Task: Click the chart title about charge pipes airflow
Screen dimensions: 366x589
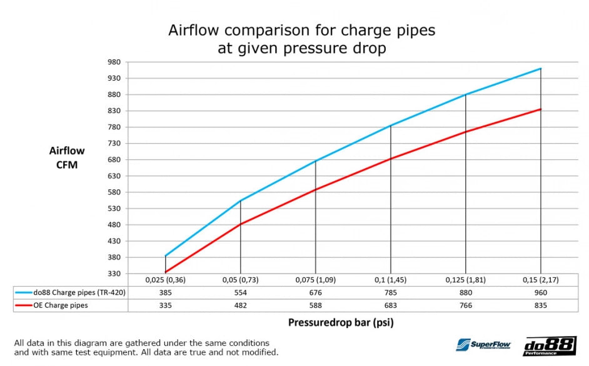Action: [x=301, y=39]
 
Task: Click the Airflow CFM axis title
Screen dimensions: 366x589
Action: [x=67, y=158]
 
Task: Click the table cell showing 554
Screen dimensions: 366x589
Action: [x=240, y=292]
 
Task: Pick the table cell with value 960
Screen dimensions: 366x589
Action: [x=540, y=292]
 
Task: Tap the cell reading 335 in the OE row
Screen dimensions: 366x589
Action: [x=165, y=305]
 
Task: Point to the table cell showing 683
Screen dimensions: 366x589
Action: [x=390, y=305]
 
